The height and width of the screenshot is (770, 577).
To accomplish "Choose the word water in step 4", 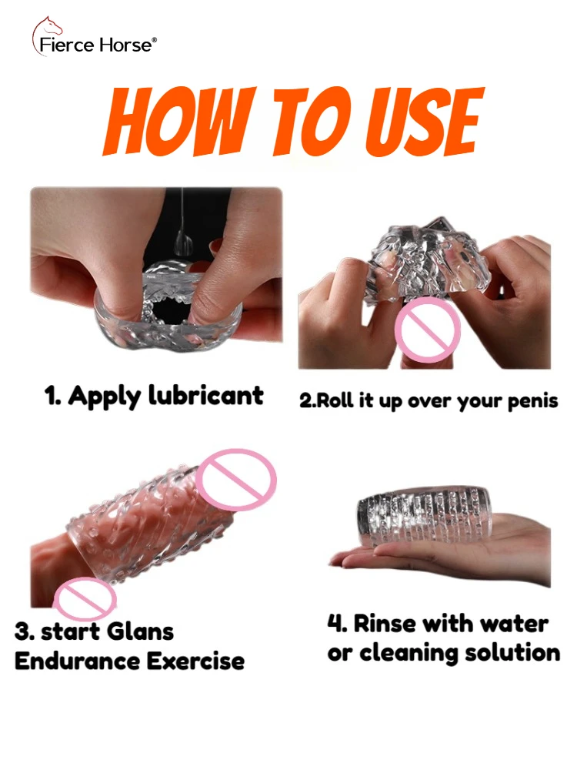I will (x=512, y=623).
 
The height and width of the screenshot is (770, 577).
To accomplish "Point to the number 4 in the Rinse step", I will (x=333, y=623).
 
